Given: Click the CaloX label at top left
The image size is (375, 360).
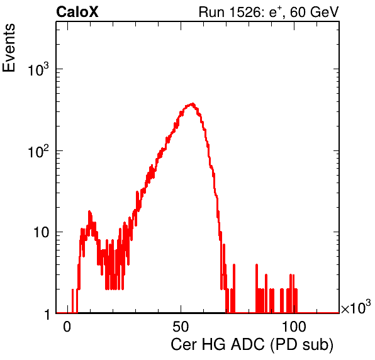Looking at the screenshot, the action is click(x=77, y=12).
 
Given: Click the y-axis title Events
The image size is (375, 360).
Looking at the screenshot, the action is click(x=9, y=48).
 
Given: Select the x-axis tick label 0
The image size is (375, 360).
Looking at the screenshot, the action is click(x=67, y=327).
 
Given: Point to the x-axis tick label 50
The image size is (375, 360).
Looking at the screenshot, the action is click(x=181, y=327).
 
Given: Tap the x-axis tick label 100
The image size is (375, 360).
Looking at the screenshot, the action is click(x=294, y=327).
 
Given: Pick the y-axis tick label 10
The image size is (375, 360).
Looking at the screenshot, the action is click(x=42, y=232).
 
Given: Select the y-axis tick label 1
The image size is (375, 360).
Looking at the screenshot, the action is click(x=47, y=314).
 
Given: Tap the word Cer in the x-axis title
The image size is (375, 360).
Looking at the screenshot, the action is click(x=184, y=345).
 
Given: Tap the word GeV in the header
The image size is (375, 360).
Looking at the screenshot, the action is click(x=324, y=12).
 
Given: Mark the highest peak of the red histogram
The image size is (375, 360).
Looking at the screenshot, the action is click(x=193, y=104).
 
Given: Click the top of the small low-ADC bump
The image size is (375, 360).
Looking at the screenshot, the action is click(x=89, y=211).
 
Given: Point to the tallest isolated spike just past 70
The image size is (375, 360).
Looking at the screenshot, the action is click(x=234, y=264).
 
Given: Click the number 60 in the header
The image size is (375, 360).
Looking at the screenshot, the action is click(x=298, y=12).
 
